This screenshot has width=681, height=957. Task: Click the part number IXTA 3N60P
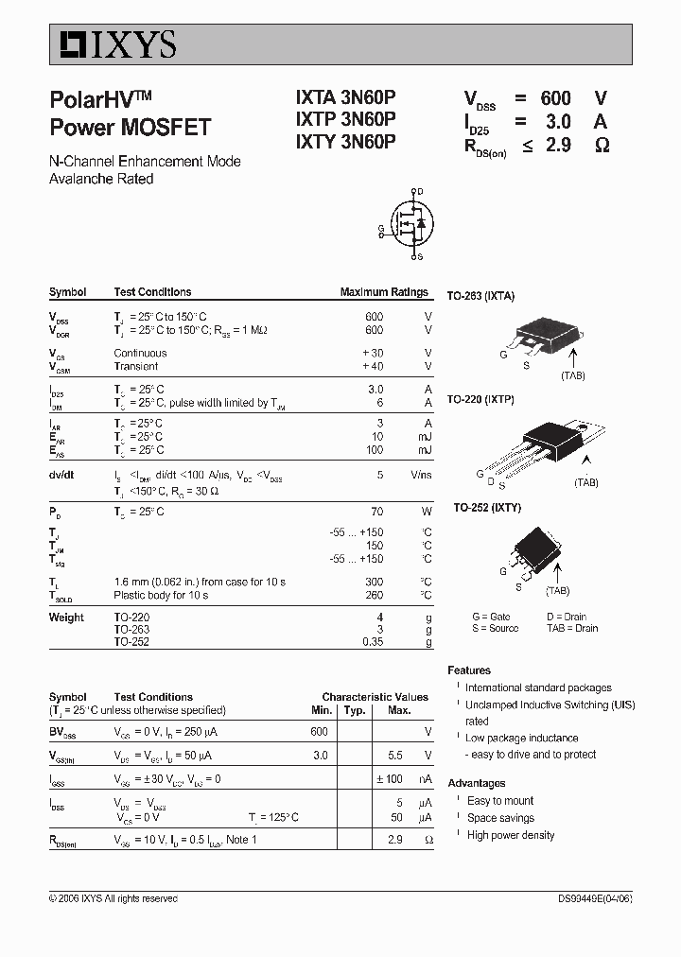pyautogui.click(x=346, y=97)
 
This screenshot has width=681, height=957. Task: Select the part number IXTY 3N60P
pyautogui.click(x=346, y=142)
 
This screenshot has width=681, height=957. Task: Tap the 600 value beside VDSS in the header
pyautogui.click(x=555, y=98)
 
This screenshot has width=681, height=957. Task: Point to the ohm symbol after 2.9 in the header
pyautogui.click(x=602, y=145)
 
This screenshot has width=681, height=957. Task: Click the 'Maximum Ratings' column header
pyautogui.click(x=384, y=292)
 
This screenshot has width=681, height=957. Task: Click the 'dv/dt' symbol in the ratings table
pyautogui.click(x=61, y=476)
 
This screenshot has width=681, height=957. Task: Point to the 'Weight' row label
pyautogui.click(x=66, y=618)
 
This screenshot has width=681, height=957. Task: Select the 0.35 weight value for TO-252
pyautogui.click(x=373, y=641)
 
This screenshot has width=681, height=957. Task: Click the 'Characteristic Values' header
pyautogui.click(x=375, y=697)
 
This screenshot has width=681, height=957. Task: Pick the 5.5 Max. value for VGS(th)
pyautogui.click(x=395, y=756)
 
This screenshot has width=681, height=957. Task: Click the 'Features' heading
pyautogui.click(x=469, y=670)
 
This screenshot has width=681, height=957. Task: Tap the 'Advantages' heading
pyautogui.click(x=477, y=783)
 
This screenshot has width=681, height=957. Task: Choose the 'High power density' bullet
pyautogui.click(x=511, y=835)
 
